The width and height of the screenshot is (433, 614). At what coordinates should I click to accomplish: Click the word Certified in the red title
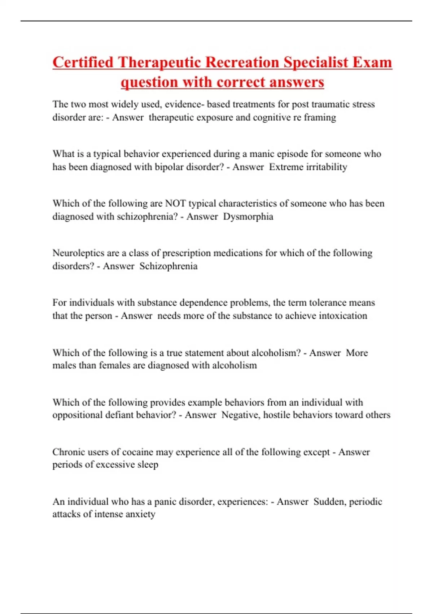pyautogui.click(x=83, y=62)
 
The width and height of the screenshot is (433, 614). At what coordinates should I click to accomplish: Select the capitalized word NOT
pyautogui.click(x=175, y=203)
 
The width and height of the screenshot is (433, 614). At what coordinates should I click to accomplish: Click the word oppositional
pyautogui.click(x=77, y=415)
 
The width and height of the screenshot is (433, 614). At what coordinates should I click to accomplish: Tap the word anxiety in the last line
pyautogui.click(x=139, y=514)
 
